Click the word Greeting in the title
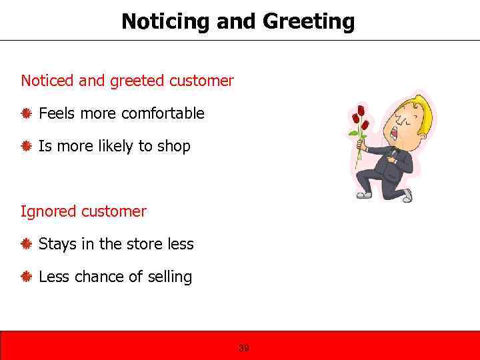coord(309,22)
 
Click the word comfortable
coord(163,113)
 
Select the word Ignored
coord(49,212)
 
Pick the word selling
coord(168,277)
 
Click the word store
coord(145,244)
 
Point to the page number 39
coord(244,348)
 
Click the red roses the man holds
coord(361,119)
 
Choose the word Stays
coord(57,244)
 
